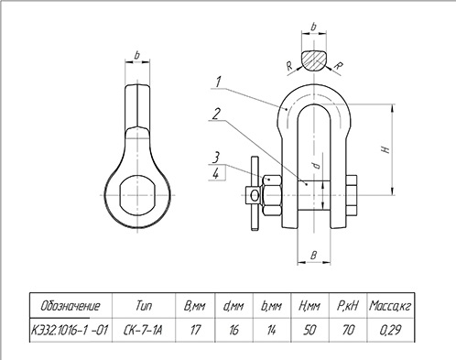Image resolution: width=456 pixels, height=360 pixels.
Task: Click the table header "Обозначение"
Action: [71, 306]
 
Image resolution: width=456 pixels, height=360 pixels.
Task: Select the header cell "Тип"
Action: [144, 305]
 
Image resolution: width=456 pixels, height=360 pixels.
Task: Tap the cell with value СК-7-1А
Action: [143, 330]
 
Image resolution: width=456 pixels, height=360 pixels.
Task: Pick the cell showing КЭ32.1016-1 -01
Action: [70, 330]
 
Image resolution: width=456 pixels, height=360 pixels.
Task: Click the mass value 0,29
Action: [390, 330]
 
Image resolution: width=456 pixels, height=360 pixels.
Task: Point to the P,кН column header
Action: [348, 306]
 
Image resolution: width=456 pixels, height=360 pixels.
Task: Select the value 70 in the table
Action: [348, 330]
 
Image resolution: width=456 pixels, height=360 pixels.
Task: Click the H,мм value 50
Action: [309, 330]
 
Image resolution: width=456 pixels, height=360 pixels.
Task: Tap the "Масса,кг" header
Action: [390, 306]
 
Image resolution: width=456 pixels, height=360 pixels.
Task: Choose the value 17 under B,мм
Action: [195, 330]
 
